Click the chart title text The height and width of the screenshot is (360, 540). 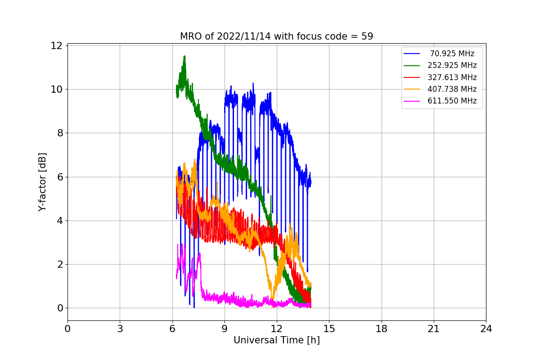click(x=276, y=36)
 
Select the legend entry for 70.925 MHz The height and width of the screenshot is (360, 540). click(x=452, y=54)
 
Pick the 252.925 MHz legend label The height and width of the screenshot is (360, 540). click(x=452, y=65)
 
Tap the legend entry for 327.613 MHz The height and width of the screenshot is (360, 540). click(x=452, y=77)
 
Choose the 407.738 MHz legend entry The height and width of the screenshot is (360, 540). click(x=452, y=89)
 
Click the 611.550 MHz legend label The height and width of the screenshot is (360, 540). click(x=452, y=101)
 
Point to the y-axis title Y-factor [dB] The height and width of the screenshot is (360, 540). click(x=42, y=182)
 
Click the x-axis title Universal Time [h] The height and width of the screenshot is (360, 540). click(x=276, y=341)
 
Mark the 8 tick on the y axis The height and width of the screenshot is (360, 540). click(x=58, y=133)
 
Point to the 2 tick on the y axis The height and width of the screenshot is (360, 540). click(x=58, y=264)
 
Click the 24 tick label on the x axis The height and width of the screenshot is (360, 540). click(x=486, y=329)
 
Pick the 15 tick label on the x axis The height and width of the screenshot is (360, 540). click(x=329, y=329)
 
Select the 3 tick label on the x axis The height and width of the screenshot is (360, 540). click(x=120, y=329)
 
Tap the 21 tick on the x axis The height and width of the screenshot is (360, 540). click(x=433, y=329)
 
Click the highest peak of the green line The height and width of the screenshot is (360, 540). click(x=184, y=56)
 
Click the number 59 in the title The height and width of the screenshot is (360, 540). click(x=367, y=36)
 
